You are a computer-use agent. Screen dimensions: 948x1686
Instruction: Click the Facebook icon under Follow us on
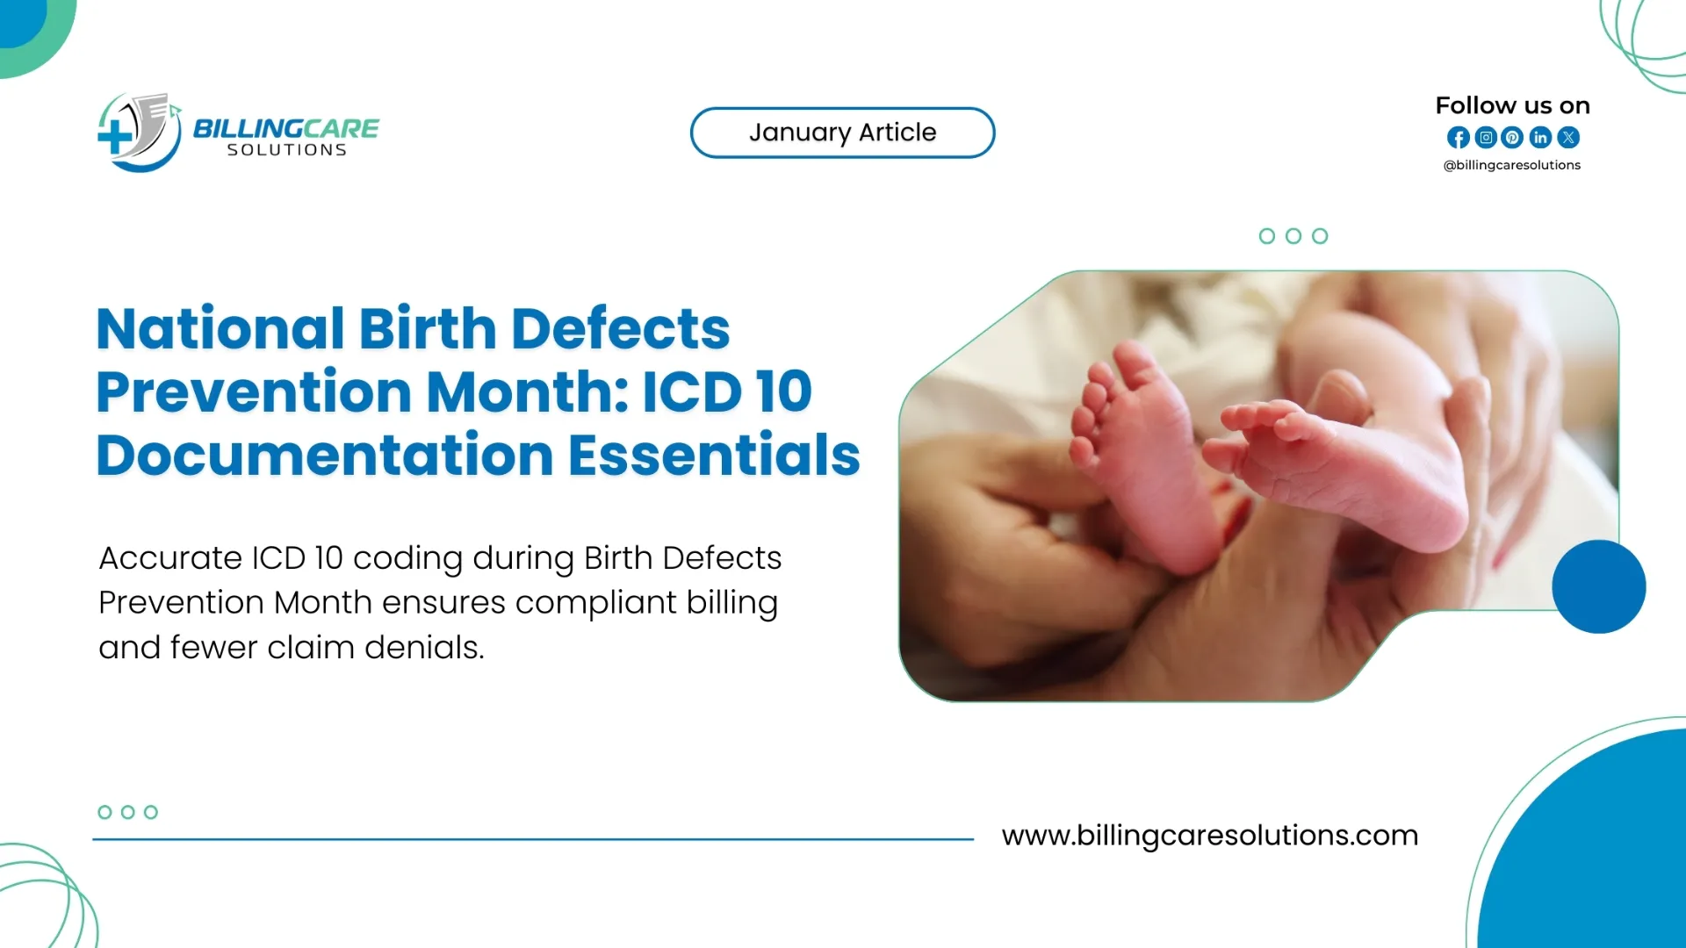point(1458,138)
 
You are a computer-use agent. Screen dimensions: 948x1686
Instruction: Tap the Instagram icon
point(1486,138)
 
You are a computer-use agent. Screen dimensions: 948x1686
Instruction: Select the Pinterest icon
point(1512,138)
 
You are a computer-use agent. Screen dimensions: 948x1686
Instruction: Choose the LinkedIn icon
point(1540,138)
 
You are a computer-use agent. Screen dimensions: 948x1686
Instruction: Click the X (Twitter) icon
point(1568,138)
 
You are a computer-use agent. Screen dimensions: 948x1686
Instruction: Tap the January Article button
point(842,133)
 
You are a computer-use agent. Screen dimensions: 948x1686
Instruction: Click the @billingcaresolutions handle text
point(1511,165)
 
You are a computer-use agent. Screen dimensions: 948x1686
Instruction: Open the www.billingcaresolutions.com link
point(1209,835)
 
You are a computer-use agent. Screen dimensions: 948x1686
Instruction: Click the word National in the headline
point(220,329)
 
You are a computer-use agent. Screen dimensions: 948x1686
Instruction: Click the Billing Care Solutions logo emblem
point(139,133)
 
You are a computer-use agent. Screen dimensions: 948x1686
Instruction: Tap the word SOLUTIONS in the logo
point(286,151)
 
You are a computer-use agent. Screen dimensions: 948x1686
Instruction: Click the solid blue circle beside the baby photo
point(1598,586)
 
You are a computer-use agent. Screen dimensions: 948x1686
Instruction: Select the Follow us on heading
point(1512,105)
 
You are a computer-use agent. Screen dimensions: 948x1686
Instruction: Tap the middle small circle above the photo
point(1293,236)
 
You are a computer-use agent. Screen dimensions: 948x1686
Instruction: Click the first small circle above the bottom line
point(104,812)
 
